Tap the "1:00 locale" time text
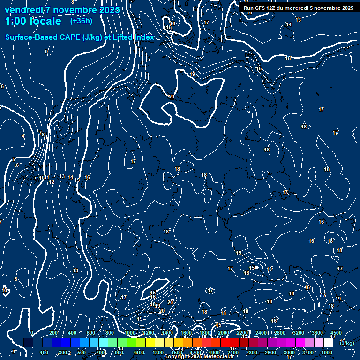pyautogui.click(x=33, y=21)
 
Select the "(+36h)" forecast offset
pyautogui.click(x=81, y=21)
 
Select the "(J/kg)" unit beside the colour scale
pyautogui.click(x=347, y=343)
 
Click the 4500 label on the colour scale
pyautogui.click(x=336, y=333)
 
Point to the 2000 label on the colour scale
pyautogui.click(x=224, y=333)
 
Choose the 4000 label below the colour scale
pyautogui.click(x=327, y=352)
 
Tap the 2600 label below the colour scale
pyautogui.click(x=270, y=352)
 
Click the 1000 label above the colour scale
pyautogui.click(x=130, y=333)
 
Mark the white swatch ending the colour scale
pyautogui.click(x=328, y=343)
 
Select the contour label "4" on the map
pyautogui.click(x=22, y=136)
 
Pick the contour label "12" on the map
pyautogui.click(x=52, y=182)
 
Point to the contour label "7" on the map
pyautogui.click(x=40, y=133)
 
